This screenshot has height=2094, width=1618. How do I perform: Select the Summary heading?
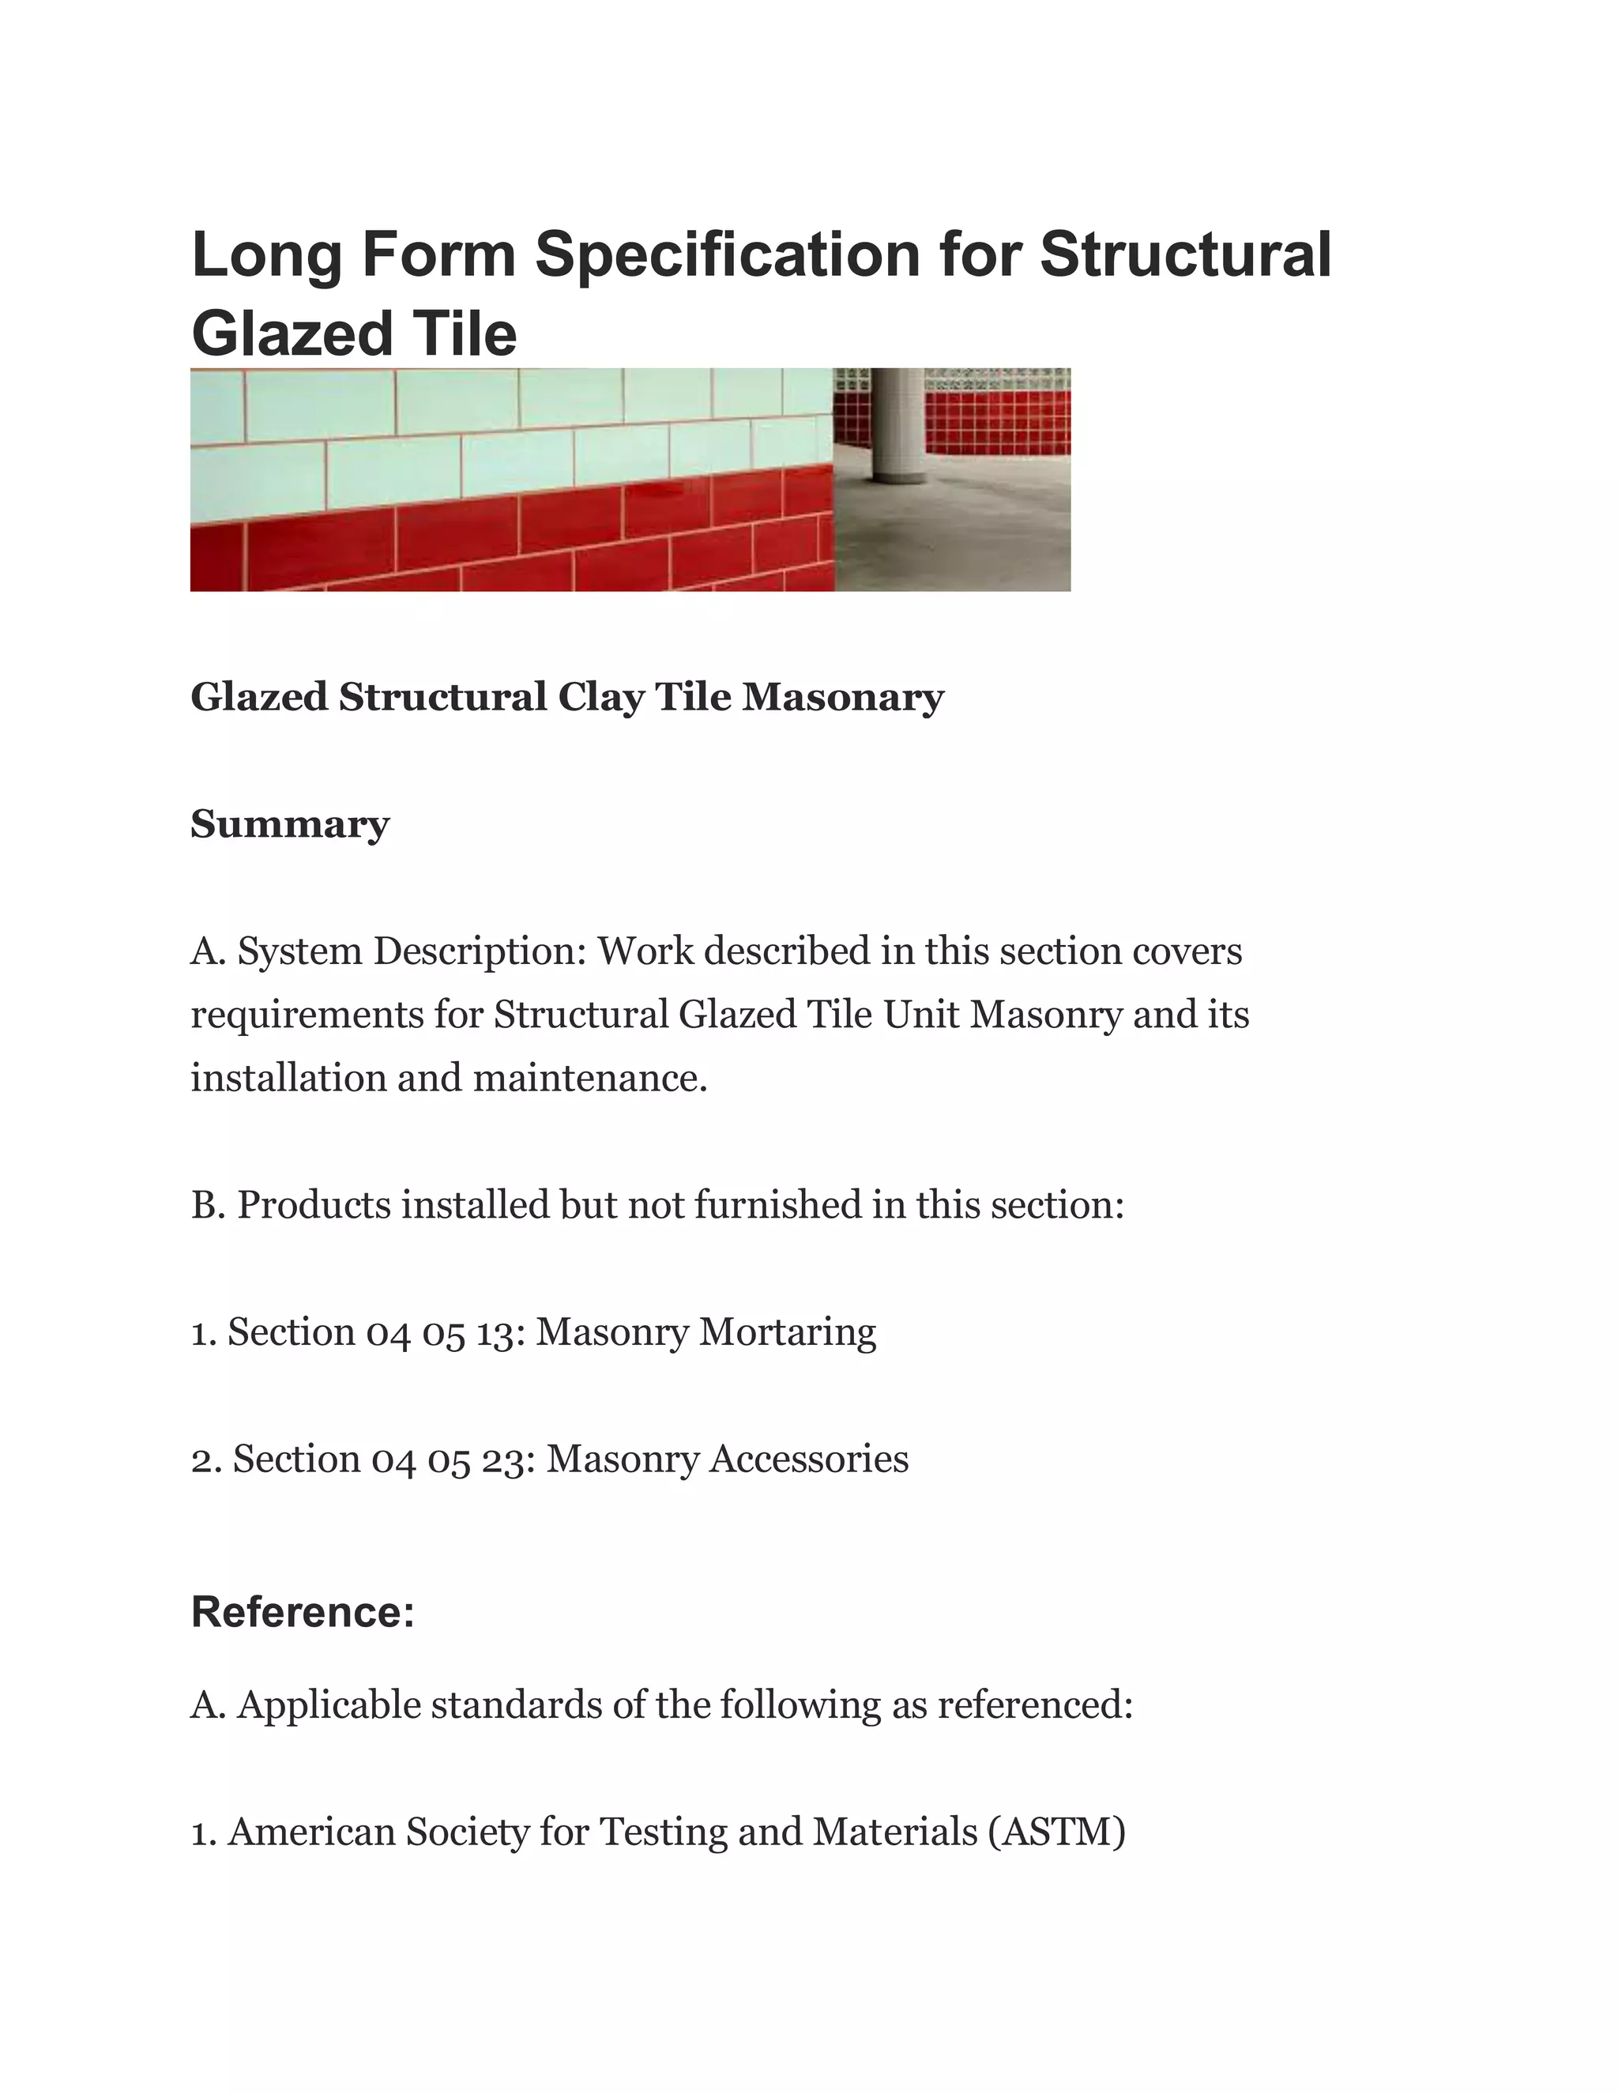point(289,823)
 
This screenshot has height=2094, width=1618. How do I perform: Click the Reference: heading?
point(303,1612)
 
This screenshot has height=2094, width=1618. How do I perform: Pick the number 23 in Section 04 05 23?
point(509,1459)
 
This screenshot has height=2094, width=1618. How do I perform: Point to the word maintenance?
point(589,1078)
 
